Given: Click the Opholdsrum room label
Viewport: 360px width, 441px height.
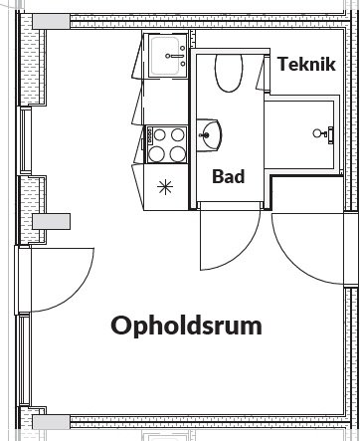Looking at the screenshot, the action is pos(186,326).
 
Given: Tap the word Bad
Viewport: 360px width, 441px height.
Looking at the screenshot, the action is pos(229,176).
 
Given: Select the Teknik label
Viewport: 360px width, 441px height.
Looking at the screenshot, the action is pos(306,64).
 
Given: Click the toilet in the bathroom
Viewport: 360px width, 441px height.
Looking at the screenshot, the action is pos(229,73).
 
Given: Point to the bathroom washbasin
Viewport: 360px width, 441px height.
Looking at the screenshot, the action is pos(209,135).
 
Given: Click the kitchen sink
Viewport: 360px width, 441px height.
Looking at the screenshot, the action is pos(168,56).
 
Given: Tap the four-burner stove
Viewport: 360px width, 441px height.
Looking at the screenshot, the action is pos(166,144).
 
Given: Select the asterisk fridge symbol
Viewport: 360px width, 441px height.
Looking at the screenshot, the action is pos(165,187).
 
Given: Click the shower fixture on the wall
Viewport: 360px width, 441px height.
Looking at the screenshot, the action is pos(323,133).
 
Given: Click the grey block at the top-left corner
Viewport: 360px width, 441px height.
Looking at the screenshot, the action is pos(51,22).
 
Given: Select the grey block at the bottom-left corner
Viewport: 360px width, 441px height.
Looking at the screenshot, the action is pos(51,422).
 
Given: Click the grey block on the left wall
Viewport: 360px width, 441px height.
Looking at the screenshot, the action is pos(51,221).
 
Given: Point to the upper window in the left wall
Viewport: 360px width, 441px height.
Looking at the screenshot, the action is pos(26,140).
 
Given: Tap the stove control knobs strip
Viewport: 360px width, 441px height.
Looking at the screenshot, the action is pos(150,135).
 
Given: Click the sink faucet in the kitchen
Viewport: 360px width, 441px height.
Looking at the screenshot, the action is pos(177,57).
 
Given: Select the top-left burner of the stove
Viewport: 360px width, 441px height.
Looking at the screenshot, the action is pos(160,134).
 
